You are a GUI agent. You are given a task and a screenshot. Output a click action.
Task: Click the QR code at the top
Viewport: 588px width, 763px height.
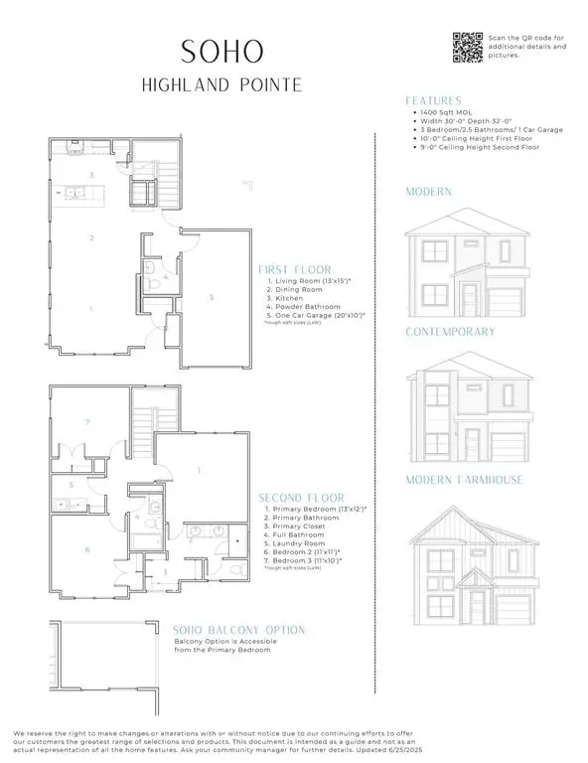(466, 46)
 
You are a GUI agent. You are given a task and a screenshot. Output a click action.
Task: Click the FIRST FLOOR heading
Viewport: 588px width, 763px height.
(295, 269)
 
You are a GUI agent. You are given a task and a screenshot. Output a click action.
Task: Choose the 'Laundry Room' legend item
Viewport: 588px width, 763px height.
(298, 543)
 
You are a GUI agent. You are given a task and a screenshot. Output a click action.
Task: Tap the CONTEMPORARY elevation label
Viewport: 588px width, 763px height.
(451, 331)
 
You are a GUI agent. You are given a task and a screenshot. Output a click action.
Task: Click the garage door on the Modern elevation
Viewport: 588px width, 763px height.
(506, 302)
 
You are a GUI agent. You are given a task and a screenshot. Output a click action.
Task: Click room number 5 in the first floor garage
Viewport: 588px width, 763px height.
(211, 296)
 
